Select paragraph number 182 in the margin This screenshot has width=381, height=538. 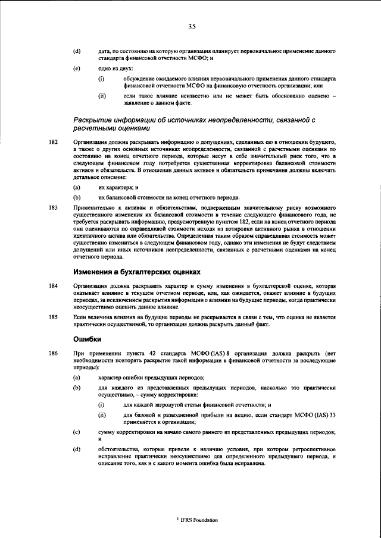53,143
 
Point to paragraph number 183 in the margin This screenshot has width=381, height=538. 53,207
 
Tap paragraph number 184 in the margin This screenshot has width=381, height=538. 53,287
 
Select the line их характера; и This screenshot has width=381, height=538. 118,187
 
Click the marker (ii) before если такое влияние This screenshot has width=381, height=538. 102,95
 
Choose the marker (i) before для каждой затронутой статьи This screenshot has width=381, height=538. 102,404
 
